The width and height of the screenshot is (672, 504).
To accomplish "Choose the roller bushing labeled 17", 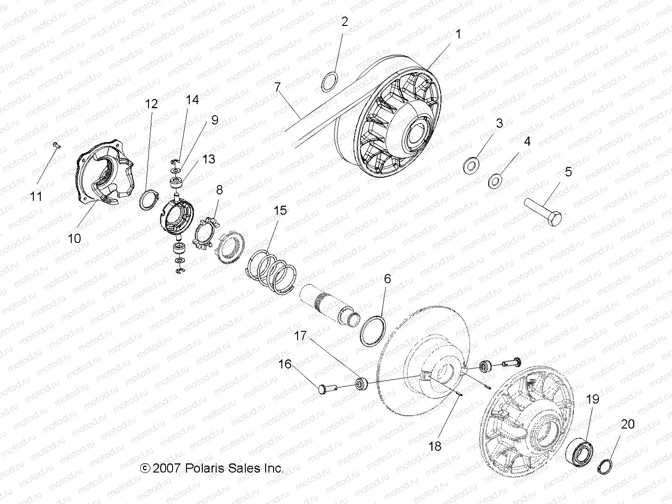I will tap(361, 383).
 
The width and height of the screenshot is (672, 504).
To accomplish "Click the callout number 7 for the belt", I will tap(277, 87).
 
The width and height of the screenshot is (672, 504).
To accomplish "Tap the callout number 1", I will tap(458, 34).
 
